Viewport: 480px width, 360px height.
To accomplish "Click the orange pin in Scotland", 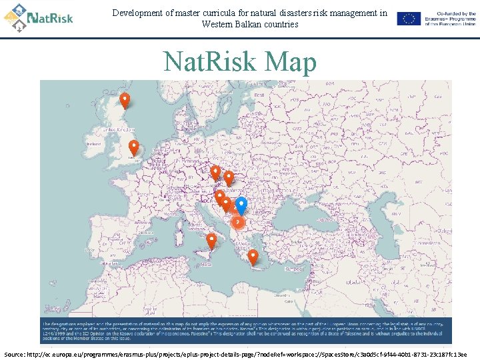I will pyautogui.click(x=124, y=100).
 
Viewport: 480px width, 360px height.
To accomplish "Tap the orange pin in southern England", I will pyautogui.click(x=134, y=147).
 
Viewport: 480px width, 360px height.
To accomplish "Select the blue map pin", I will pyautogui.click(x=241, y=205).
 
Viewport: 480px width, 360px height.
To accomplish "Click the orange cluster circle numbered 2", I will pyautogui.click(x=237, y=222).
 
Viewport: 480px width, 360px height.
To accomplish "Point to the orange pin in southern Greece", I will pyautogui.click(x=253, y=257).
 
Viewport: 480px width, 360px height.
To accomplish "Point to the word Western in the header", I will pyautogui.click(x=217, y=25).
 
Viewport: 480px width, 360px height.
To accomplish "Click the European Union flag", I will pyautogui.click(x=409, y=19).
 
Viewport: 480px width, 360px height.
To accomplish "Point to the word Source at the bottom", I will pyautogui.click(x=16, y=353).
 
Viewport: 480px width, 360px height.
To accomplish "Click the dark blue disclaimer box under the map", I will pyautogui.click(x=245, y=331).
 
